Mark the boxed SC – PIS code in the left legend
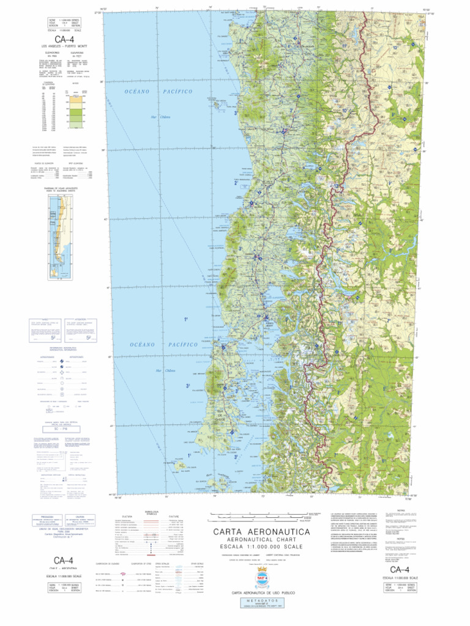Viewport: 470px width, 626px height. (59, 429)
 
